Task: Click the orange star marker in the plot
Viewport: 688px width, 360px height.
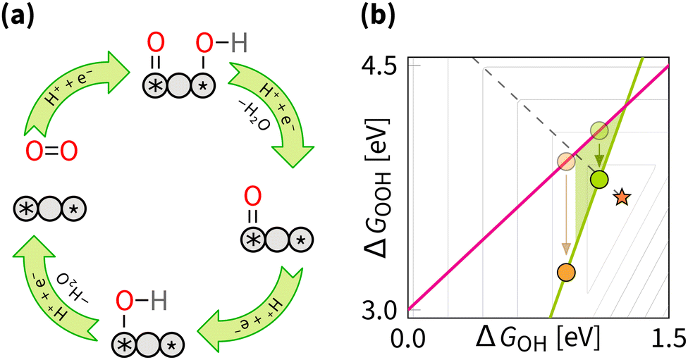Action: point(621,197)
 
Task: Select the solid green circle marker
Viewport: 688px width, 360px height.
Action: point(599,180)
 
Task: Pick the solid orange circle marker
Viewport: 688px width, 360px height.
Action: point(565,271)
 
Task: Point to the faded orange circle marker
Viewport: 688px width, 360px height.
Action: point(565,161)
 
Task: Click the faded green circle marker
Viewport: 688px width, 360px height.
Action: point(599,130)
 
